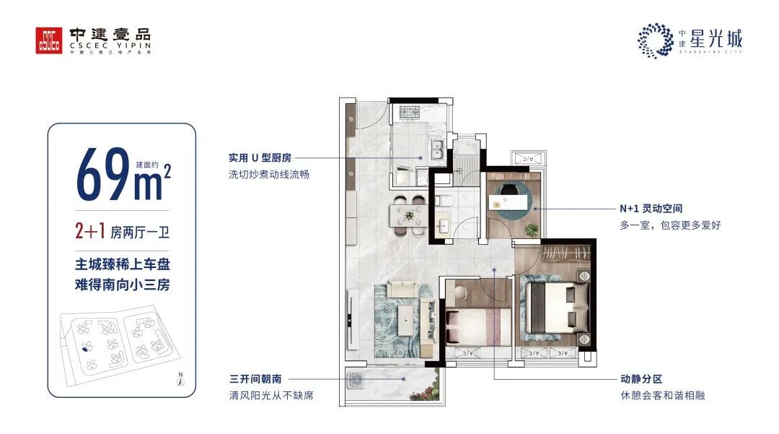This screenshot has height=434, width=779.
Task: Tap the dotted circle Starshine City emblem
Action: pos(654,39)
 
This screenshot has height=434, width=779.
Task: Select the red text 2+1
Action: pos(90,232)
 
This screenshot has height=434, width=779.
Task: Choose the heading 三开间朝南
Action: pos(254,379)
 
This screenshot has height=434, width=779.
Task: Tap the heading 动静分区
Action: pos(640,379)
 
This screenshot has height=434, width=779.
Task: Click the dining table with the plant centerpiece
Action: pos(409,215)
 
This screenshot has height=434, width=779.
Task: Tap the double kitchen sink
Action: pos(436,151)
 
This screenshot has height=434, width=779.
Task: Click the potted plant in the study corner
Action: pos(532,230)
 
